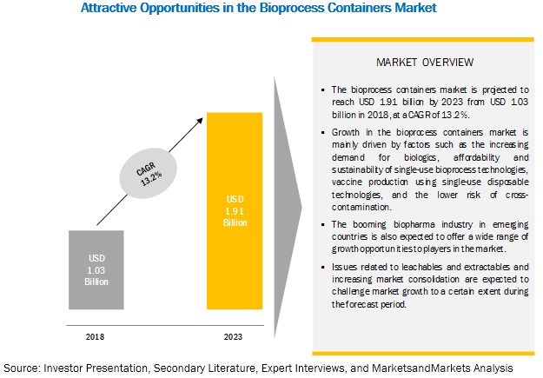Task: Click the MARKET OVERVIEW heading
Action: click(x=425, y=63)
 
